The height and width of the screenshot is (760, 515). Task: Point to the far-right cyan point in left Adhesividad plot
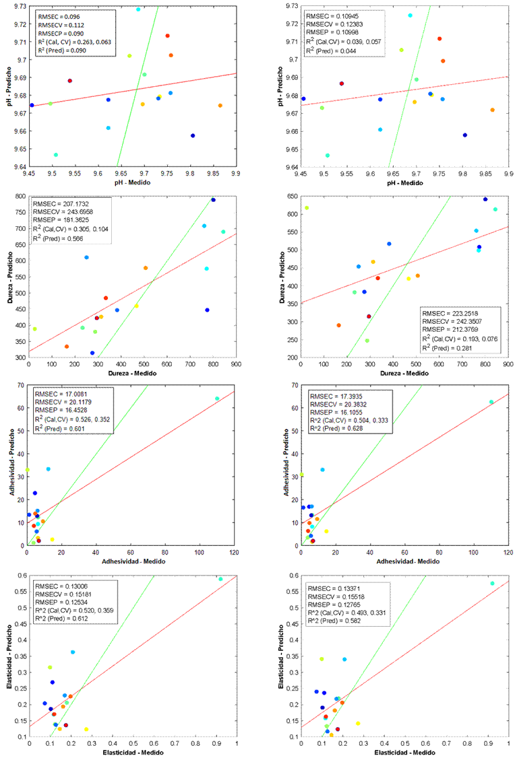[217, 399]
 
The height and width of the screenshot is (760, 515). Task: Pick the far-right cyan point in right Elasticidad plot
[492, 584]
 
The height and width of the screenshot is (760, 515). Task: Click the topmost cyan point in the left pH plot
[138, 9]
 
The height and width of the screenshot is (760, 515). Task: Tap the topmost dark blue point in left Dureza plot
[213, 200]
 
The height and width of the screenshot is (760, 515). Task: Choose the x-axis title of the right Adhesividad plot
[404, 561]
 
